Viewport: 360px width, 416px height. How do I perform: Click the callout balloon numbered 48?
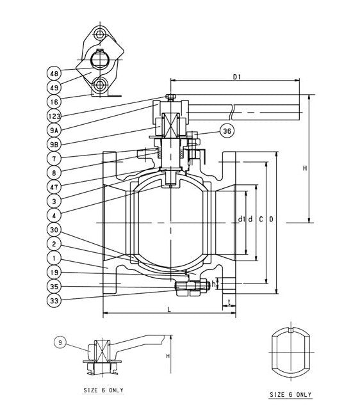point(54,73)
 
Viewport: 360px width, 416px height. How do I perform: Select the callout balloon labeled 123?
point(54,116)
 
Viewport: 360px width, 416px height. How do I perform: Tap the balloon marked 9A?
point(54,130)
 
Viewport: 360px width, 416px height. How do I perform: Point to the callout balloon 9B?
point(54,144)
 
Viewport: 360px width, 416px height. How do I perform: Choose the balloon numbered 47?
point(54,186)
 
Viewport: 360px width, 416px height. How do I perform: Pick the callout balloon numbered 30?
point(54,229)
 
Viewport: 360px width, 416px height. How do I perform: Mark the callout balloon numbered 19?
point(54,272)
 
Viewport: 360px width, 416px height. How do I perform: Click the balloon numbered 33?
point(54,300)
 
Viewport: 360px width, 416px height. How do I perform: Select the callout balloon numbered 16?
point(54,101)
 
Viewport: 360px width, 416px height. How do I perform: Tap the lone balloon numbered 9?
point(60,343)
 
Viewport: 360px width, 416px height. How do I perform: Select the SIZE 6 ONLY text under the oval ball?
point(290,394)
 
